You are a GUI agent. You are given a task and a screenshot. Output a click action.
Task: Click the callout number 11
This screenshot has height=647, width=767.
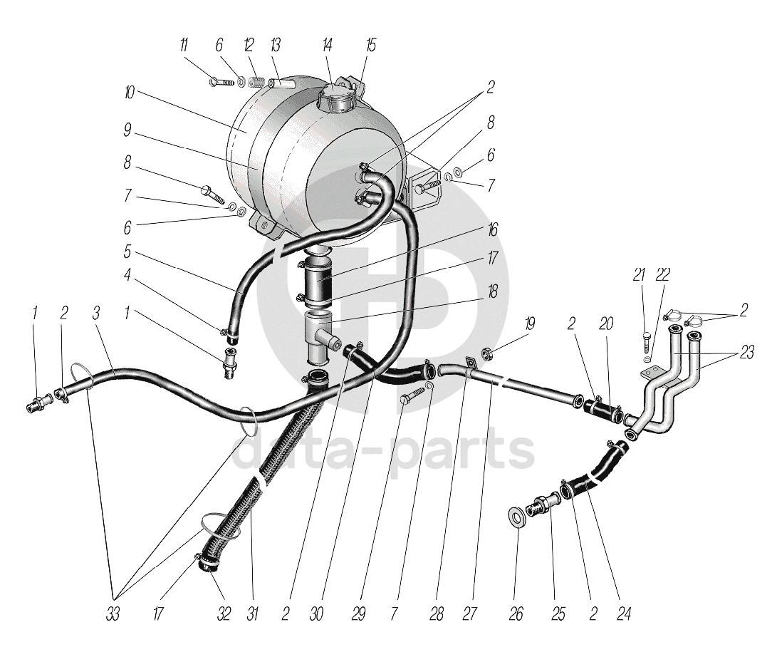pos(184,46)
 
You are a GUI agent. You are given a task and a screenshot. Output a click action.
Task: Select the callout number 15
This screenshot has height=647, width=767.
pos(370,46)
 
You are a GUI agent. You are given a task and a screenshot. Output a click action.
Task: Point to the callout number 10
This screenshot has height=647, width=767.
pos(129,93)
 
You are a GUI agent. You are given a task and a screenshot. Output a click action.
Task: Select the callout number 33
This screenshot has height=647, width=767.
pos(113,614)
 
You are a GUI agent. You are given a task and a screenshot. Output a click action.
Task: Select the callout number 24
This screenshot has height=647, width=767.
pos(625,614)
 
